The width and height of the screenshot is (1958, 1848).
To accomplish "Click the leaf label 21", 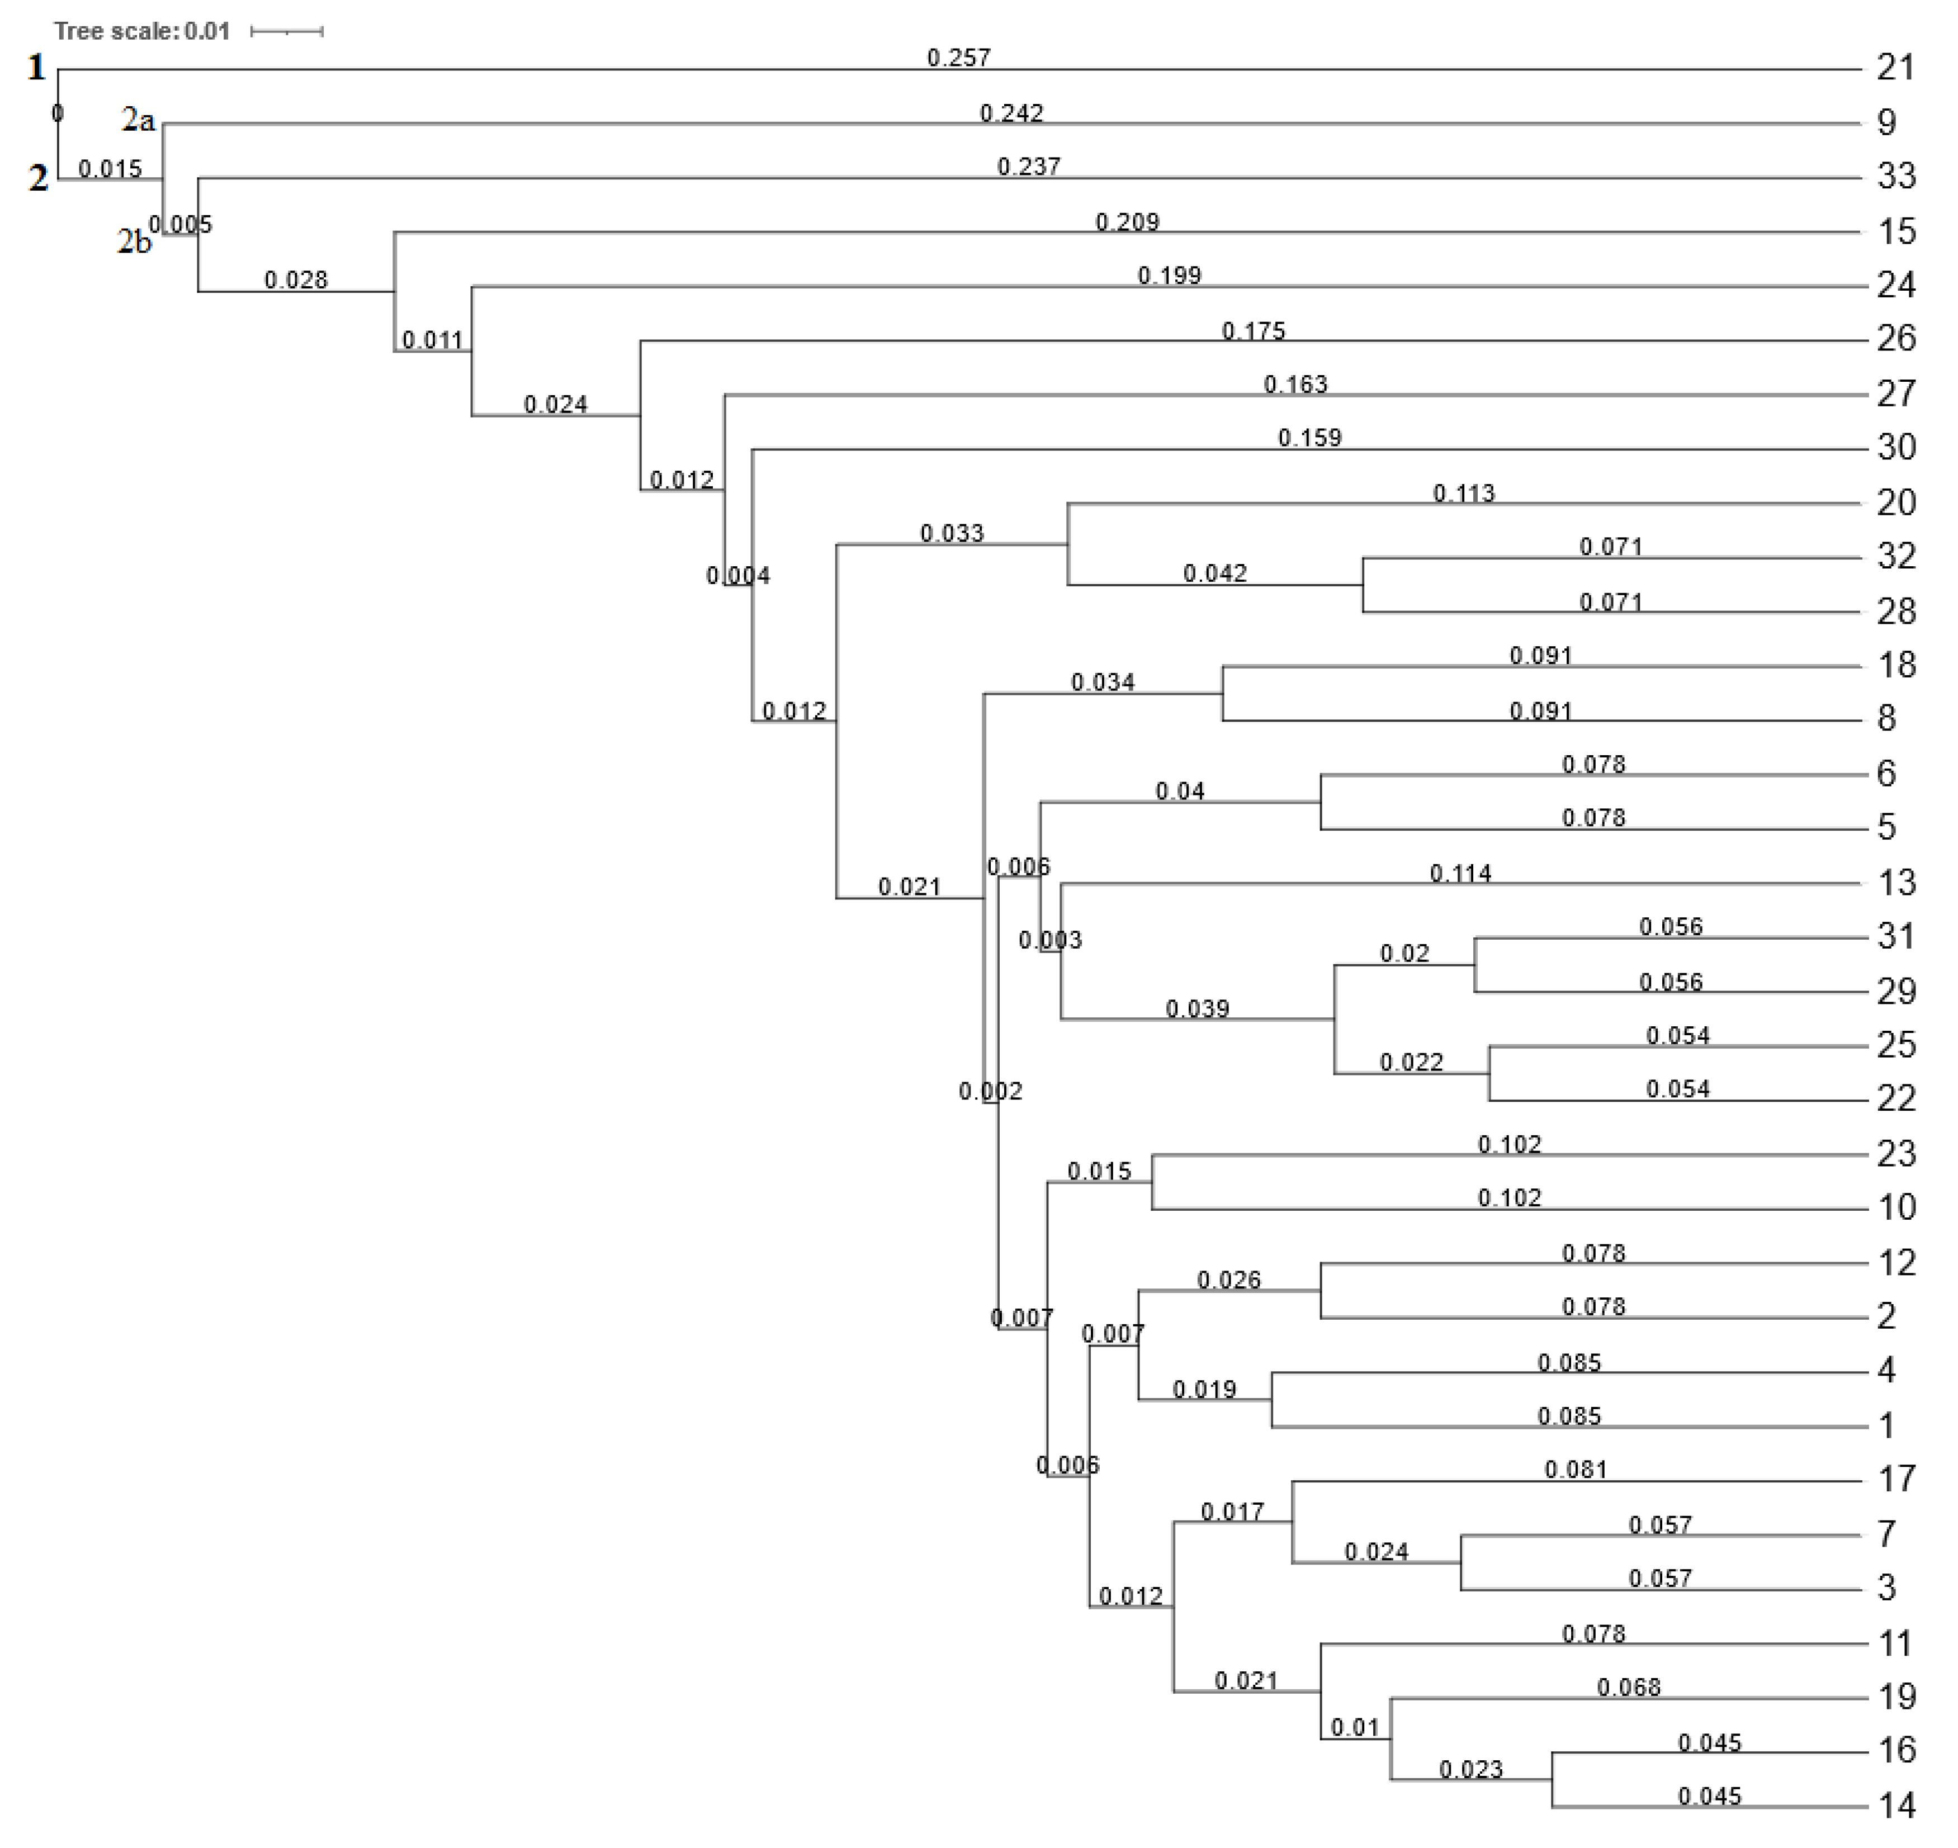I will tap(1895, 68).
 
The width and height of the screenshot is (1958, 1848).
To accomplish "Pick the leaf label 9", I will tap(1886, 122).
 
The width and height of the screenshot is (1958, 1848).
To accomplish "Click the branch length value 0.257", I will tap(958, 58).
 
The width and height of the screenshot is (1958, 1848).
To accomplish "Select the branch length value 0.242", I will tap(1011, 113).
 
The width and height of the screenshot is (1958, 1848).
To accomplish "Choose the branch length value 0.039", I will tap(1196, 1009).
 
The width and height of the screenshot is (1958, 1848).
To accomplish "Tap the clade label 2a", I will tap(138, 120).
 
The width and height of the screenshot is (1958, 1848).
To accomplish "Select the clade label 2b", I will tap(135, 241).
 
